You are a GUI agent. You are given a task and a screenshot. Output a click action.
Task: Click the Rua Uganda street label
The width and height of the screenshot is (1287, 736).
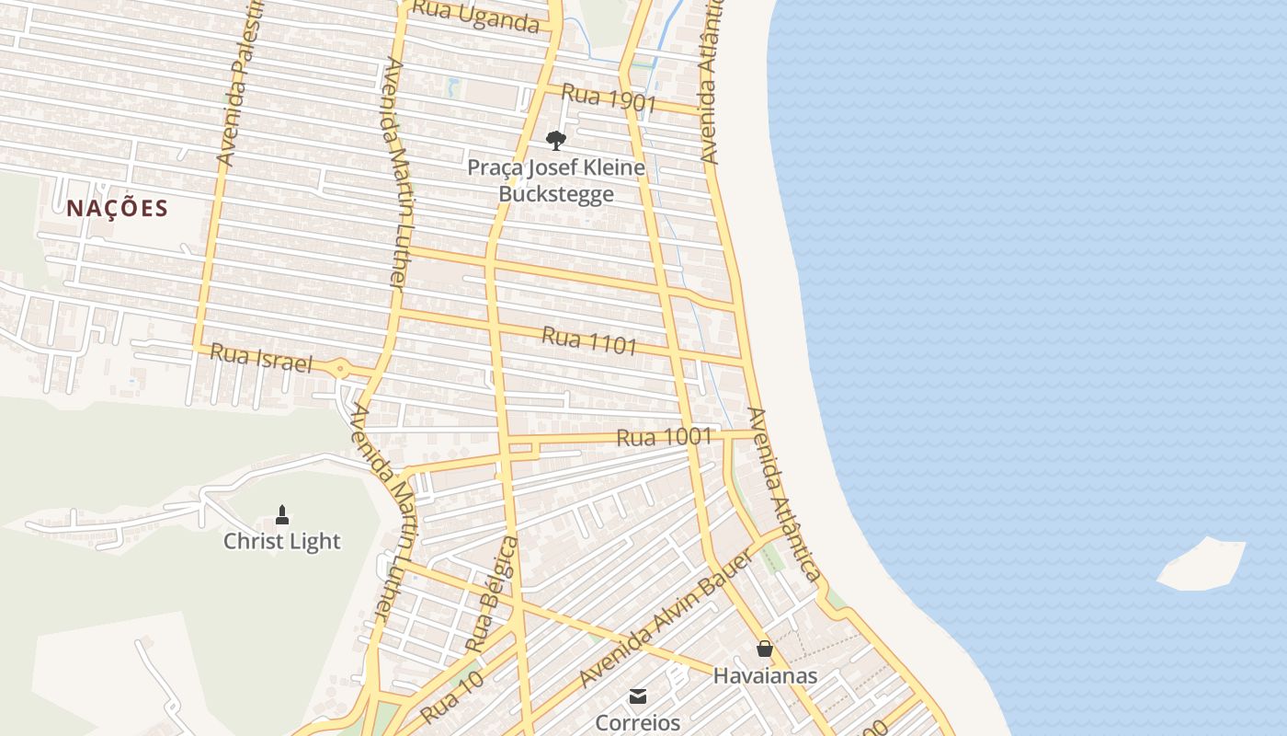point(474,16)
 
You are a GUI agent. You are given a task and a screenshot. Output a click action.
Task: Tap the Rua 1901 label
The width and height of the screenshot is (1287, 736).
point(608,98)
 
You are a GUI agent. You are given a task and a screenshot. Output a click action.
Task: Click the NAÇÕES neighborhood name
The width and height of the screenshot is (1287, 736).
point(118,208)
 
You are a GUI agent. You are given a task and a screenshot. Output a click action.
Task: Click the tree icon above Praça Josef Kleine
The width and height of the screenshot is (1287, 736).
point(555,140)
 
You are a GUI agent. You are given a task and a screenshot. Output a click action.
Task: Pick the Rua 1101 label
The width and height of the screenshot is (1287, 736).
point(589,340)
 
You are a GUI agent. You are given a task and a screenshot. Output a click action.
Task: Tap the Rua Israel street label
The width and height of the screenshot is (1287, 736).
point(261,358)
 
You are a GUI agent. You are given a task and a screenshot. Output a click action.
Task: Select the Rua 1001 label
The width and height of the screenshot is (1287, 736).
point(664,437)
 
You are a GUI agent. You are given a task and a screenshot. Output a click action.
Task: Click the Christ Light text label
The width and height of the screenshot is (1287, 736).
point(282,541)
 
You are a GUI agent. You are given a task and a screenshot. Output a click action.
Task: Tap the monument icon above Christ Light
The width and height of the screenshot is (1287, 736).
point(282,515)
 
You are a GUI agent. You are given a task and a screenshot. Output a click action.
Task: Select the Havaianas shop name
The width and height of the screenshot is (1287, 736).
point(765,676)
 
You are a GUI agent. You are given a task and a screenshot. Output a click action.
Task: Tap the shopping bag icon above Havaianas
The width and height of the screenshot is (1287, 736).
point(764,650)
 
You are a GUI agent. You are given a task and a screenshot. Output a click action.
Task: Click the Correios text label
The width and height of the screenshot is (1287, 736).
point(638,722)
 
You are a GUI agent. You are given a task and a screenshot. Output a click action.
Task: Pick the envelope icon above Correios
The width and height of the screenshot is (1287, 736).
point(638,696)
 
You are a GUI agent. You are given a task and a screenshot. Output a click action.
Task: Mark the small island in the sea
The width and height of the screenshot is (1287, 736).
point(1202,564)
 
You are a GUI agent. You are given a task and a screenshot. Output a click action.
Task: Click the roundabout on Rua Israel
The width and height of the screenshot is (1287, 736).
point(341,369)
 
